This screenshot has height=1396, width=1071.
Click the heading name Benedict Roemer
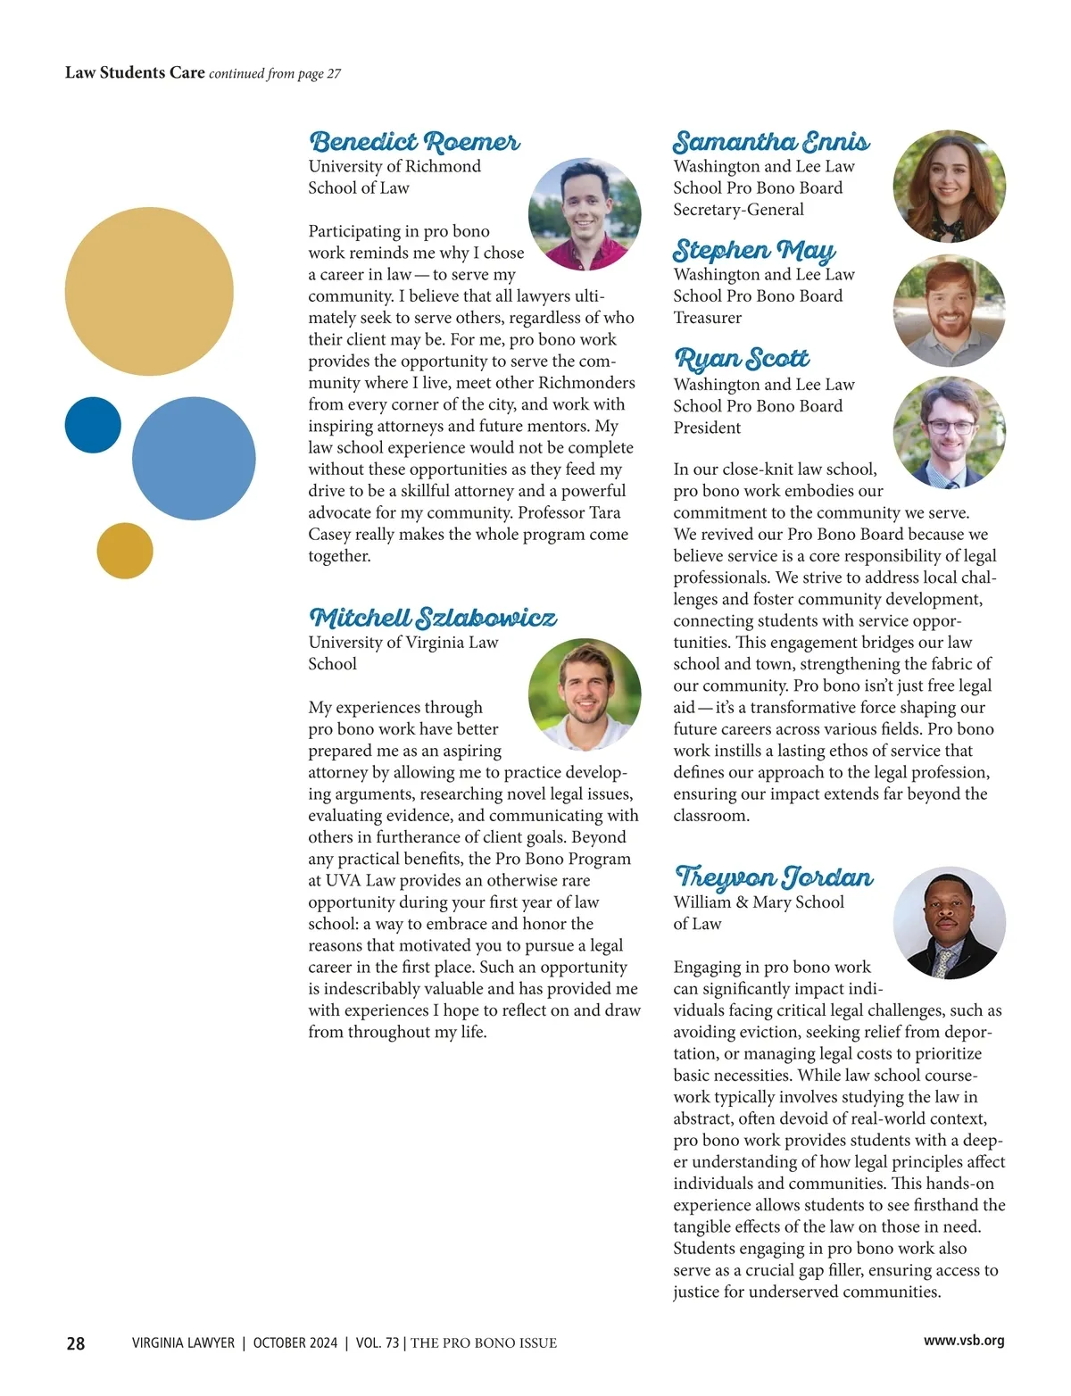coord(413,142)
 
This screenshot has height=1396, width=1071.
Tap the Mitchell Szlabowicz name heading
coord(432,618)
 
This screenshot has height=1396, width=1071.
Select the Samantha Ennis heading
coord(770,142)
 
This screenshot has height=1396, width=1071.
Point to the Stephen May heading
coord(754,250)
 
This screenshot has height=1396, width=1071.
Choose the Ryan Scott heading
coord(742,359)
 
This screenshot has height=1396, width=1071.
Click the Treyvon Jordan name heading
coord(773,877)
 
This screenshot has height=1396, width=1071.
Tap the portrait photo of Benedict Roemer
coord(585,214)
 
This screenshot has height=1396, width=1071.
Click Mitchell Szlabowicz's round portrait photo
coord(585,694)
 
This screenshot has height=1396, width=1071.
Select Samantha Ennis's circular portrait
coord(949,187)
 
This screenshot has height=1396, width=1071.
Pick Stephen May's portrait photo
coord(949,311)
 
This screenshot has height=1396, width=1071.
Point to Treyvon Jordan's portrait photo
coord(949,923)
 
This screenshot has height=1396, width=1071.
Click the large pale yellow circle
coord(149,292)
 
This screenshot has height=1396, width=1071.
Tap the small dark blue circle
coord(93,425)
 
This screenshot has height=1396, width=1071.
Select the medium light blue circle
coord(194,459)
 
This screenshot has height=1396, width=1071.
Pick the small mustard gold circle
coord(125,551)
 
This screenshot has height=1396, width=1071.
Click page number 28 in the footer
coord(76,1343)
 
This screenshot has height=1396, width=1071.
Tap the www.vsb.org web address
coord(964,1341)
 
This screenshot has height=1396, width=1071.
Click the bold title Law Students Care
coord(135,72)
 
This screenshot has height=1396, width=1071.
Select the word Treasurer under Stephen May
coord(707,318)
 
